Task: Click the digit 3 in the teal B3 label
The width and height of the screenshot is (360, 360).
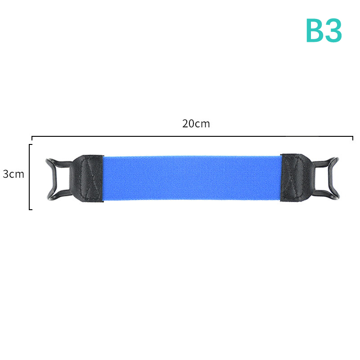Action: tap(333, 31)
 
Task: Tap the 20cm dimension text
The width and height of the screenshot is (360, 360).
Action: tap(196, 124)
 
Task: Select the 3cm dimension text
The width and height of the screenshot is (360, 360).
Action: tap(13, 174)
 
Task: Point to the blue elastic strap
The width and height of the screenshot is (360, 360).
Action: tap(192, 178)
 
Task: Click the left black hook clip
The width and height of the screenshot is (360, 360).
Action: tap(52, 179)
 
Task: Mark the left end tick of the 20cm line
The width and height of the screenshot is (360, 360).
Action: tap(32, 138)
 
